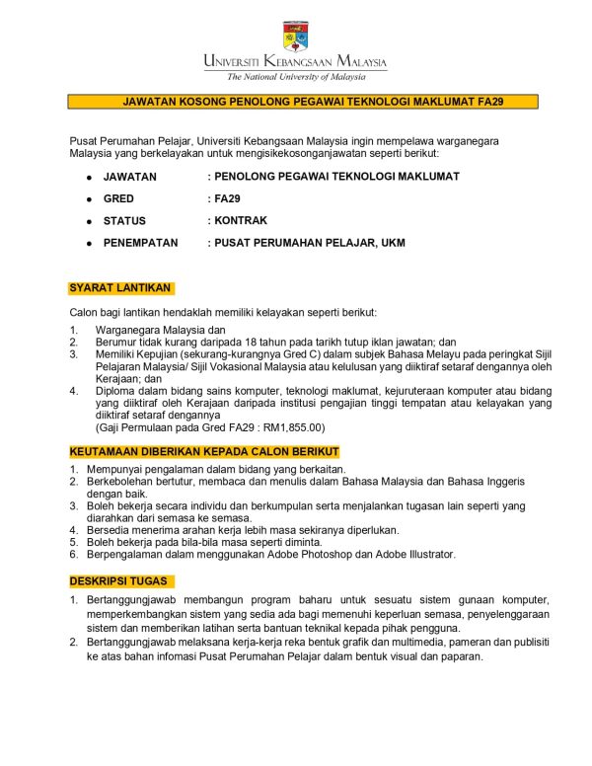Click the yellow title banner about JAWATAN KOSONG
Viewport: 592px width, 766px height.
(x=303, y=102)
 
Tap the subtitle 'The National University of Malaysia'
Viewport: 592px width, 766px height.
(x=296, y=76)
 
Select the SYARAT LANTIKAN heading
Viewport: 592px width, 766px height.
(x=121, y=288)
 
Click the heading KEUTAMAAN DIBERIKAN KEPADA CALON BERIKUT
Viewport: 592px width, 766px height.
(x=204, y=450)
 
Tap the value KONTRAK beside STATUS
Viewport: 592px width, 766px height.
(x=241, y=220)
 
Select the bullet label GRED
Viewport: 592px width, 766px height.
(x=118, y=198)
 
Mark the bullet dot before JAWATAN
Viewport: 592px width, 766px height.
(x=89, y=177)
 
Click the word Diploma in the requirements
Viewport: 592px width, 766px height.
(x=118, y=391)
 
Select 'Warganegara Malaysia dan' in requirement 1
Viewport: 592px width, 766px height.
(x=161, y=330)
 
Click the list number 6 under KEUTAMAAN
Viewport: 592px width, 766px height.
(x=74, y=555)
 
